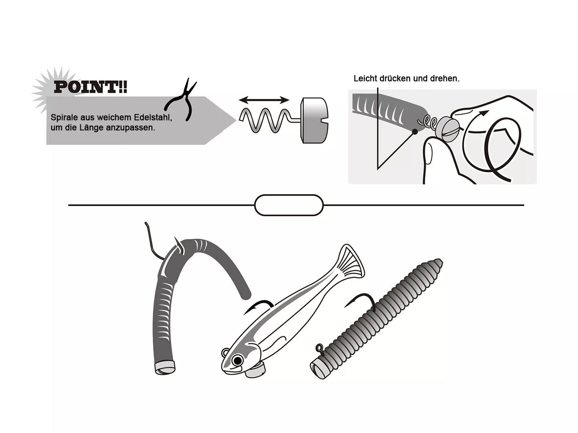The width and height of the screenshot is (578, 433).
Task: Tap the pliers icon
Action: tap(182, 100)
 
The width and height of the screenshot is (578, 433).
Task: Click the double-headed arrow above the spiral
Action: tap(264, 100)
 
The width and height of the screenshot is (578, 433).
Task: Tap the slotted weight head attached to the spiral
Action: tap(314, 120)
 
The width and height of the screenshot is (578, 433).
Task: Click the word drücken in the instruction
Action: tap(395, 79)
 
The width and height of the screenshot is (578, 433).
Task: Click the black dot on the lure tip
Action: tap(415, 131)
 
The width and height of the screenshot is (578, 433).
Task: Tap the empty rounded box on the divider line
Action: tap(288, 205)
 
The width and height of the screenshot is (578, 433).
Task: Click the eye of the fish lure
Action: tap(238, 360)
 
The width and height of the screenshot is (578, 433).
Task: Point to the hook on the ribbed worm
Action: tap(360, 300)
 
